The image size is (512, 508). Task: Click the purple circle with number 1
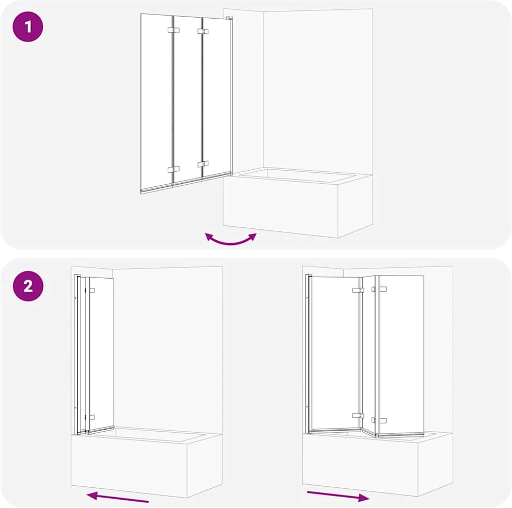(x=28, y=26)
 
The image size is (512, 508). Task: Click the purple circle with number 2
(x=28, y=286)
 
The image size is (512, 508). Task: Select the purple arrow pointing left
(x=117, y=497)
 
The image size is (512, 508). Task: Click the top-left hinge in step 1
(x=173, y=30)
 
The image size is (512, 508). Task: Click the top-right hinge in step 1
(x=203, y=31)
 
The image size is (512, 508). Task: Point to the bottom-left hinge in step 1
(x=173, y=170)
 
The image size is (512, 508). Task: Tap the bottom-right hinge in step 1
(x=203, y=164)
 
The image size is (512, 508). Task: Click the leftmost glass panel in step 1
(x=156, y=102)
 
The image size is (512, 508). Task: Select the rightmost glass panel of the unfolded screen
(x=401, y=355)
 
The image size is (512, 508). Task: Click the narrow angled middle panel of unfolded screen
(x=369, y=355)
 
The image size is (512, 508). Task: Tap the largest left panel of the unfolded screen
(x=335, y=353)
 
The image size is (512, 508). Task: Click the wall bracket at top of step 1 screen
(x=229, y=19)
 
